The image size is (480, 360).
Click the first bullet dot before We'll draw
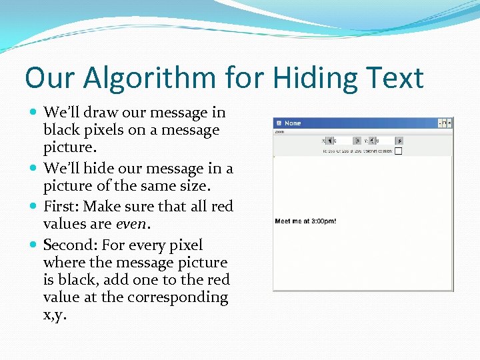[x=35, y=113]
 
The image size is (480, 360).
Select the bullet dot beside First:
[x=35, y=206]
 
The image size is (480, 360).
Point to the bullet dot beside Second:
[x=35, y=245]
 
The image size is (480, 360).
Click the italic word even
[x=131, y=223]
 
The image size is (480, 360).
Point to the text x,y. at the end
[x=56, y=315]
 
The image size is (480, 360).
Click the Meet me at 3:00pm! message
[x=305, y=221]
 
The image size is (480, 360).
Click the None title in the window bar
[x=293, y=123]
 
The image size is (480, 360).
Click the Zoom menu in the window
[x=279, y=132]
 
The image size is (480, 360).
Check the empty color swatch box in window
[x=398, y=151]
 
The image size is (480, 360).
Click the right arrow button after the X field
[x=358, y=141]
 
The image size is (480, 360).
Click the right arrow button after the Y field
[x=399, y=141]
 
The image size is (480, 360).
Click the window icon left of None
[x=279, y=123]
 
